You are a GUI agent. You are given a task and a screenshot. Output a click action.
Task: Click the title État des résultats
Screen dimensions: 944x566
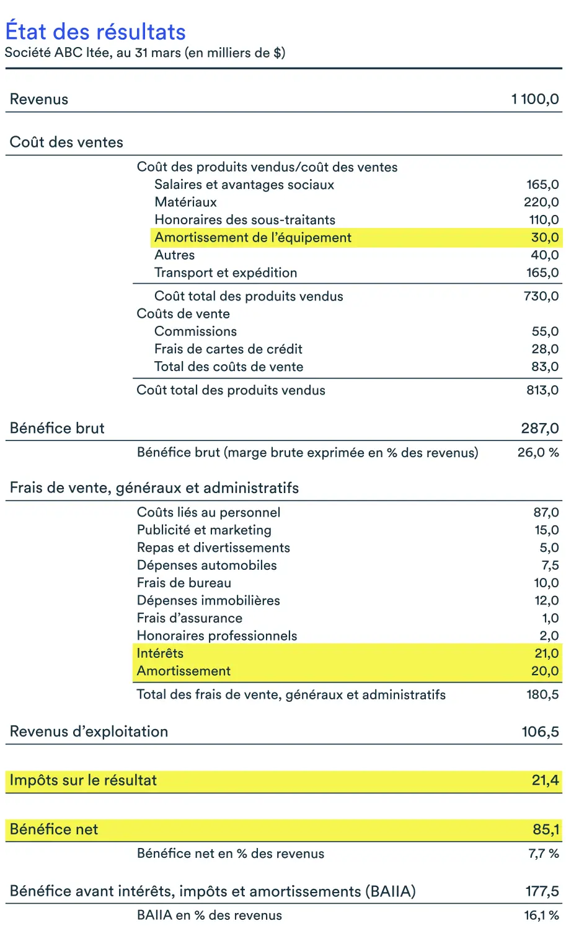(x=95, y=32)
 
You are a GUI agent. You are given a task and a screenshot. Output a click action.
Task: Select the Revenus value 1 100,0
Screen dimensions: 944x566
(x=535, y=99)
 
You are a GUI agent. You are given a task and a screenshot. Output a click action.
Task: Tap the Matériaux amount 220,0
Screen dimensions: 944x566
(x=541, y=202)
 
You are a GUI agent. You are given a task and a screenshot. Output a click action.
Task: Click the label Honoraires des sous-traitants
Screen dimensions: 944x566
(x=245, y=220)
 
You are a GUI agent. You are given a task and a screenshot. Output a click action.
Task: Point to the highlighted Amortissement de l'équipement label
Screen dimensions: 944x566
(x=253, y=237)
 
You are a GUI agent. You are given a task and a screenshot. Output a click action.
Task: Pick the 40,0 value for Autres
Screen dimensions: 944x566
(x=544, y=255)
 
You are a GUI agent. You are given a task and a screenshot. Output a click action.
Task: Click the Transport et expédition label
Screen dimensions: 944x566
(x=226, y=273)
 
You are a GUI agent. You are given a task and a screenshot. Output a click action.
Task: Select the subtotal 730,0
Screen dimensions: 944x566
(x=541, y=296)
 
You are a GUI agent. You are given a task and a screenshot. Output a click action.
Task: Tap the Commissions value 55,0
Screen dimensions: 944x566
(x=545, y=331)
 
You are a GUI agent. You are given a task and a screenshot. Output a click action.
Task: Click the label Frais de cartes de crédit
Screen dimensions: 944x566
(x=228, y=349)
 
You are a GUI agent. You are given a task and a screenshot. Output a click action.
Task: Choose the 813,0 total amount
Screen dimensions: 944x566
(x=542, y=390)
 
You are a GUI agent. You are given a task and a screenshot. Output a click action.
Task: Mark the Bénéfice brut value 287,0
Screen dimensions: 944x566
(x=540, y=428)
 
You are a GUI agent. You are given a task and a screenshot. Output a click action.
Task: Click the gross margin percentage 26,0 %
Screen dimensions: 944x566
(x=538, y=453)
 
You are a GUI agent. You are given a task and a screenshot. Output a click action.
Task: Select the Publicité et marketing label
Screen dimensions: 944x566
(x=204, y=530)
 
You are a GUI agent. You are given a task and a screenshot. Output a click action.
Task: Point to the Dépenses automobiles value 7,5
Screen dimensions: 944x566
(x=550, y=566)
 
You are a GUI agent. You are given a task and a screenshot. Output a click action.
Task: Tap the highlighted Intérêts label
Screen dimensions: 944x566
(x=160, y=653)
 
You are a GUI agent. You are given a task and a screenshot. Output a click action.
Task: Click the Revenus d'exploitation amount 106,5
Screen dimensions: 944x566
(x=540, y=732)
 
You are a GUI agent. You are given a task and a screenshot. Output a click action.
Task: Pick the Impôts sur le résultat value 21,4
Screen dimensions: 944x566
(x=545, y=780)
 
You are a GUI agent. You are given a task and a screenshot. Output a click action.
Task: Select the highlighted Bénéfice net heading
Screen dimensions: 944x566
(x=54, y=829)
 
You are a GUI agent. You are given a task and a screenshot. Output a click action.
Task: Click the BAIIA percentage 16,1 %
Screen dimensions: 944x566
(x=541, y=916)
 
